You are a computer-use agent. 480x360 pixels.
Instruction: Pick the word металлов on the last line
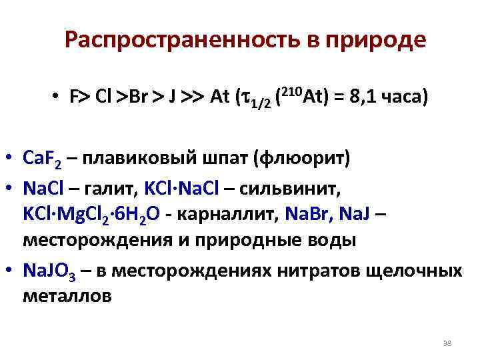67,297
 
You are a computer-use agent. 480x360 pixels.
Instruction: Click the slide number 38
447,343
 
